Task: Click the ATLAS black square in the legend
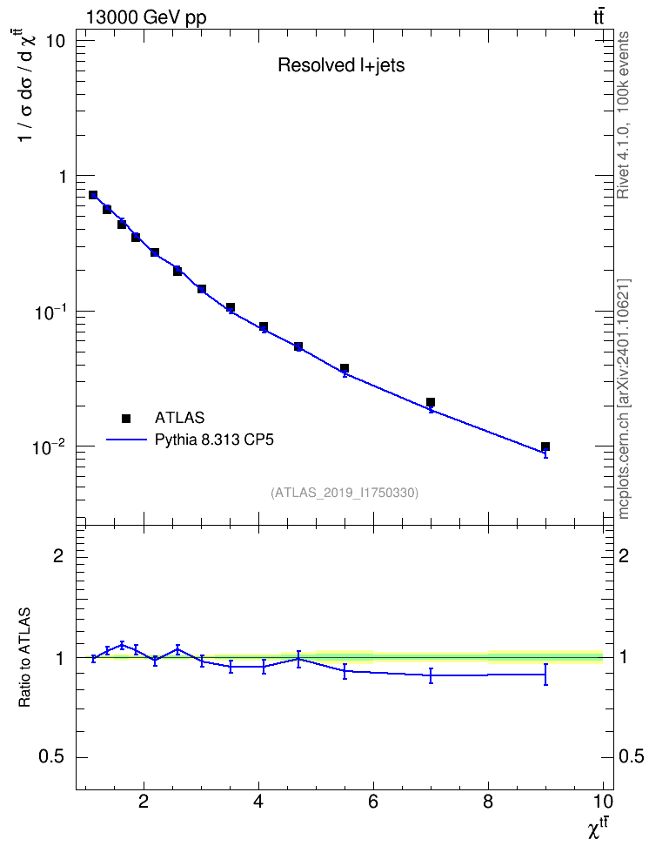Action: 126,418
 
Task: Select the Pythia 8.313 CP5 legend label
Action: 214,440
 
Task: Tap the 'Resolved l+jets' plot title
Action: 341,65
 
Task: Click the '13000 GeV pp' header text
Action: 146,17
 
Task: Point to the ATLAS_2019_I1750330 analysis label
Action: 345,493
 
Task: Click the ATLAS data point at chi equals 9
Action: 545,446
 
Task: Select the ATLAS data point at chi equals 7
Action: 431,402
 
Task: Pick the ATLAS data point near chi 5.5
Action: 345,368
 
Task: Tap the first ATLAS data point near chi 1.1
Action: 93,195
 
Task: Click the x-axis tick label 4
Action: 258,802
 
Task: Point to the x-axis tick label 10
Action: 603,802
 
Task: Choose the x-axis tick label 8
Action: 488,802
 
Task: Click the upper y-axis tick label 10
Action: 56,41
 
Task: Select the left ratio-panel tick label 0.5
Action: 51,757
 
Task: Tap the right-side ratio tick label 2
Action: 624,555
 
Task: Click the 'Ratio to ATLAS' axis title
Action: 24,658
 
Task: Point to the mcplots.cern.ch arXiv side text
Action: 624,399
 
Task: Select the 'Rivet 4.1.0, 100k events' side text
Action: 623,116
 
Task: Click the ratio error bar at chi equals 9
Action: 546,675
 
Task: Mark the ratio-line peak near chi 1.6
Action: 122,644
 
